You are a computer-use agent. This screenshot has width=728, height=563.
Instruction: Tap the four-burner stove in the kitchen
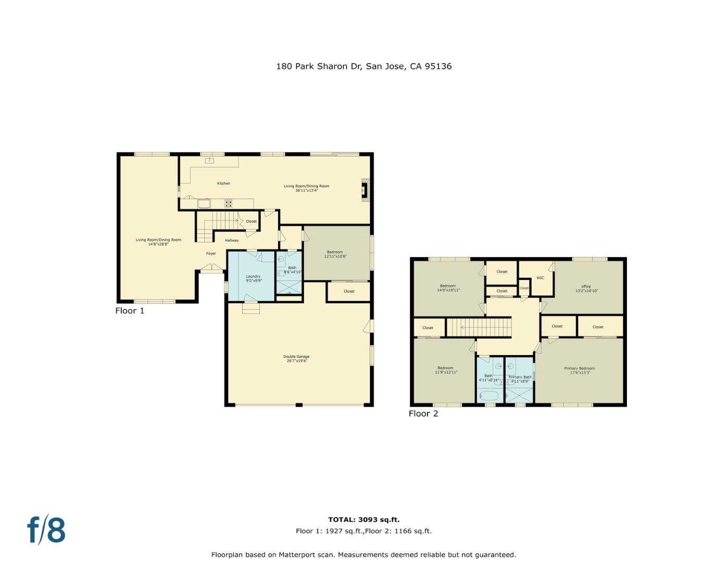228,203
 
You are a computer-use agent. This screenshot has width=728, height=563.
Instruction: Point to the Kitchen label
223,183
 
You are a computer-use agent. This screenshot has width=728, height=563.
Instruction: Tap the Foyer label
211,254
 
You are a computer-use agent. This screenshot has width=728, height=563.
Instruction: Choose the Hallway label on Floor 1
232,240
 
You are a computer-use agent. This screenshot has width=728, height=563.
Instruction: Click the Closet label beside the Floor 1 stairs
251,222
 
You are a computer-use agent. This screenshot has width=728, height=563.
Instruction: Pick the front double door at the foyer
211,269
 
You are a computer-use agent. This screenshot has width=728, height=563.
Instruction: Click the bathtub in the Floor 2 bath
488,396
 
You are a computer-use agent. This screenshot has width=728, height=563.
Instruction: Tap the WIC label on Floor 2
540,278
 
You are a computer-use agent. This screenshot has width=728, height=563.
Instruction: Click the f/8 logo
46,530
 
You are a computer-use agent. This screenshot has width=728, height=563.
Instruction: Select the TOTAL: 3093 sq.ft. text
363,520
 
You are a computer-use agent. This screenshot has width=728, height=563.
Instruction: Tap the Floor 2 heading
423,414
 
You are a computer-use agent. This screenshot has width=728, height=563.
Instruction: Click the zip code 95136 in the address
438,66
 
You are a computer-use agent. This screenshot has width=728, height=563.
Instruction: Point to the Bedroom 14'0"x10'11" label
448,288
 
